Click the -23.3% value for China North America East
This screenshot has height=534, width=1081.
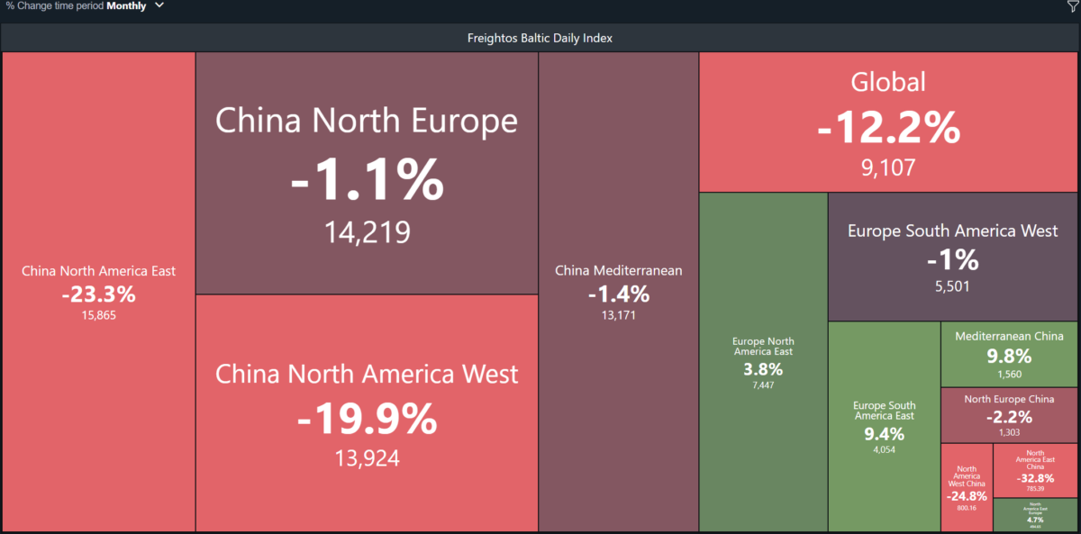coord(98,294)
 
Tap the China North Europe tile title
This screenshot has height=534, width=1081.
coord(367,121)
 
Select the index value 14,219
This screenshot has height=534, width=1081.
coord(367,232)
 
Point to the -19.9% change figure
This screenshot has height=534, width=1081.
coord(367,419)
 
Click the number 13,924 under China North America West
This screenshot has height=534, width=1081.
coord(367,458)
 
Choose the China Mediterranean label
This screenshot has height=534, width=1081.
coord(618,270)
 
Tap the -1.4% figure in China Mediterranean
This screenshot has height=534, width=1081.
coord(618,294)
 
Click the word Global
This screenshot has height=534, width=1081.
coord(888,82)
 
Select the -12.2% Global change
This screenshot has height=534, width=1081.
coord(888,129)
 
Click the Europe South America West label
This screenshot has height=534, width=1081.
coord(952,231)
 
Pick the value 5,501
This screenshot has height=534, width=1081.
coord(952,286)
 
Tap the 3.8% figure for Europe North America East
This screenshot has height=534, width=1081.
coord(763,369)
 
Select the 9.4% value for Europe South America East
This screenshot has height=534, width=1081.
coord(884,434)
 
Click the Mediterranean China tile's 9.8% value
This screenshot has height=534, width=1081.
coord(1009,357)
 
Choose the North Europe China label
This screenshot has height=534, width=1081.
coord(1009,399)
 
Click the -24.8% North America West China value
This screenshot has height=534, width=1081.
coord(967,495)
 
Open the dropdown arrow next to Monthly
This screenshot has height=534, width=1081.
coord(159,5)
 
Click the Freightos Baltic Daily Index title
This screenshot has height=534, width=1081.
coord(540,38)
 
